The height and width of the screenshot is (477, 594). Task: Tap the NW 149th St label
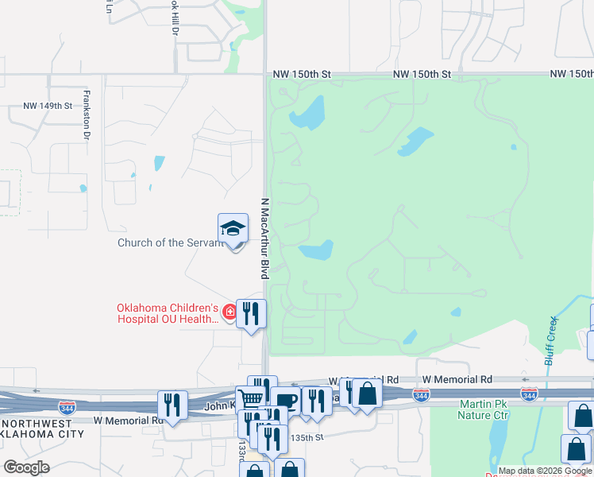tap(48, 105)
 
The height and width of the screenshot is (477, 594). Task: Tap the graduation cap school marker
tap(233, 228)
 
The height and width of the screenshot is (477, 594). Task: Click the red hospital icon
tap(229, 311)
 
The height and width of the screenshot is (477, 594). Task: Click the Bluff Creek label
tap(550, 341)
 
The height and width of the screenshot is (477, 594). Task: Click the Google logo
tap(26, 467)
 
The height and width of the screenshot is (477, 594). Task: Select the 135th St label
tap(307, 437)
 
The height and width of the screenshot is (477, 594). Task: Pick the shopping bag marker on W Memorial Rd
tap(367, 393)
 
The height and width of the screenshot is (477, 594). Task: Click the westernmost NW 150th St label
tap(301, 74)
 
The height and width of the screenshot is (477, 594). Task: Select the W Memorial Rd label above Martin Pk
tap(457, 380)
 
